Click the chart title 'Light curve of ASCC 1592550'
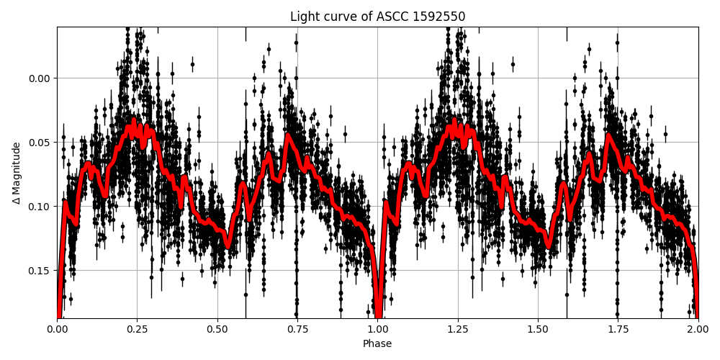(377, 17)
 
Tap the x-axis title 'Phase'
(377, 344)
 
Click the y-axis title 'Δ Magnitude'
(17, 173)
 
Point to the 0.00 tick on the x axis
(58, 330)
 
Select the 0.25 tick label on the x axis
(138, 330)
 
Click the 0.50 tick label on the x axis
(217, 330)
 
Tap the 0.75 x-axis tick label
(297, 330)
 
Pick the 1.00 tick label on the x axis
(377, 330)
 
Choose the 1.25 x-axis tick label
(457, 330)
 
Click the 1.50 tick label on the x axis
(537, 330)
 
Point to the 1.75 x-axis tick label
(617, 330)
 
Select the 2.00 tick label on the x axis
(697, 330)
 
